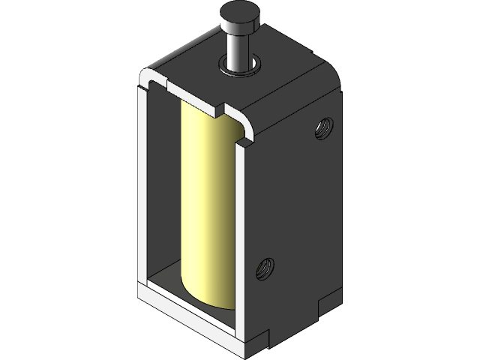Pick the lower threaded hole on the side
click(x=265, y=265)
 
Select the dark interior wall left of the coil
click(x=165, y=187)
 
